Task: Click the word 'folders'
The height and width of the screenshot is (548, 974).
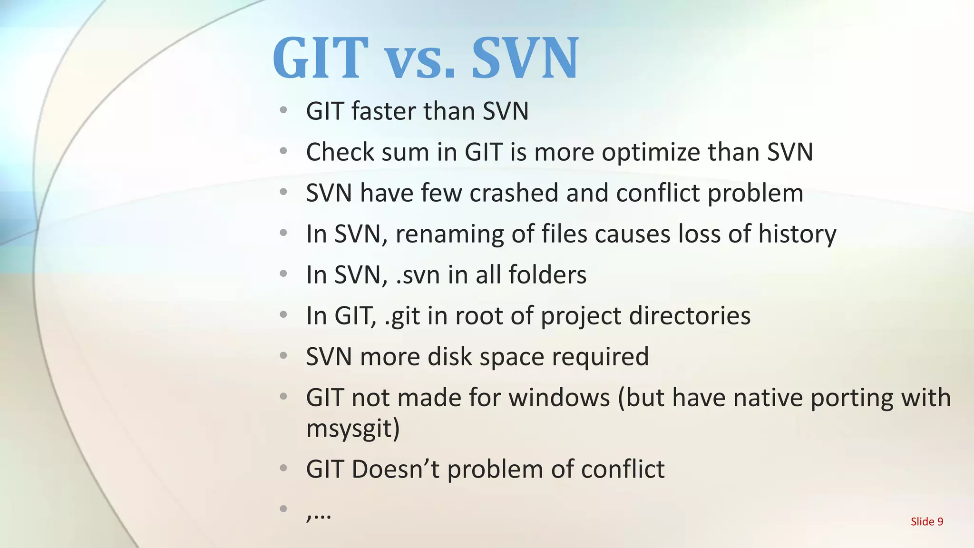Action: click(547, 275)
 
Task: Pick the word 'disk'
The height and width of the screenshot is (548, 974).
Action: click(449, 357)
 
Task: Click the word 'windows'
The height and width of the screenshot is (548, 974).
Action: click(559, 398)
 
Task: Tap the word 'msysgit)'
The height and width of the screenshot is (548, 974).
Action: click(353, 429)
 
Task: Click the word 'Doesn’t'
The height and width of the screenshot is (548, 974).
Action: click(396, 470)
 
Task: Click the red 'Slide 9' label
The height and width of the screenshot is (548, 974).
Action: click(926, 522)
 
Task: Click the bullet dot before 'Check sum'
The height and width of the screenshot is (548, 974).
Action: click(283, 152)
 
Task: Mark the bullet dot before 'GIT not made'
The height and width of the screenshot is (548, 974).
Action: click(283, 397)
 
